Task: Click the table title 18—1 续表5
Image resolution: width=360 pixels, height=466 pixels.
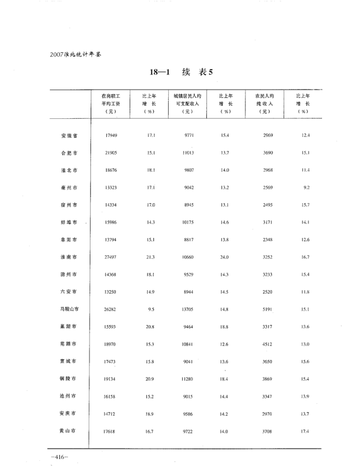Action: (181, 73)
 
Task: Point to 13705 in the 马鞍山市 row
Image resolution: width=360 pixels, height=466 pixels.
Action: (188, 309)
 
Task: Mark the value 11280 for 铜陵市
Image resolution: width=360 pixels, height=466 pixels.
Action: (188, 379)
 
